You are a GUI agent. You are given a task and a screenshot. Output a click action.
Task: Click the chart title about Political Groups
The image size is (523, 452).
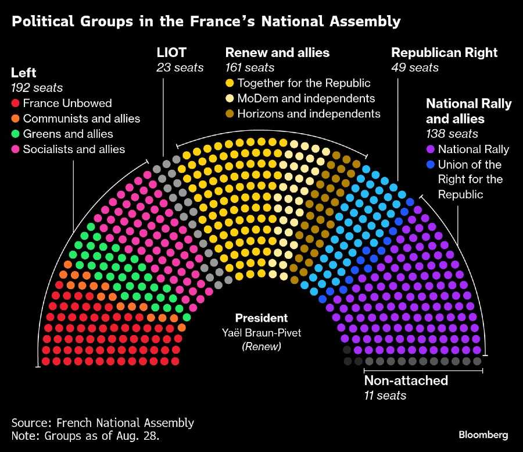(206, 22)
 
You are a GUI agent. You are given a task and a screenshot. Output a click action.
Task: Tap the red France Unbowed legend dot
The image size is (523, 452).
(16, 104)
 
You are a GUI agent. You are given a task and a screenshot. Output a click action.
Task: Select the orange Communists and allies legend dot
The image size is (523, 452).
(16, 119)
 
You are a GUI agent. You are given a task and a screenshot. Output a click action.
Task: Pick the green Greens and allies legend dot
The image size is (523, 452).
(16, 134)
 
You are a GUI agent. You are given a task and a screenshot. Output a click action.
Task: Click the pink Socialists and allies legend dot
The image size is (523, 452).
(16, 149)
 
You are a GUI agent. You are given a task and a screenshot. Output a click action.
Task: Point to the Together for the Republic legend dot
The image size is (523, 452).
(230, 83)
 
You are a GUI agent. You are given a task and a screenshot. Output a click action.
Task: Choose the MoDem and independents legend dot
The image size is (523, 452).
(230, 98)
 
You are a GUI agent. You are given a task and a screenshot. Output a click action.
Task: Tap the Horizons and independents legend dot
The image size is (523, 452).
(230, 113)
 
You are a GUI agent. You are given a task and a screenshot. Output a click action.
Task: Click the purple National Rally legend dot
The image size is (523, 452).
(431, 150)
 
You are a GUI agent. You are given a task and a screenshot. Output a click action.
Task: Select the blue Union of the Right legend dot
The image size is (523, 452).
(431, 165)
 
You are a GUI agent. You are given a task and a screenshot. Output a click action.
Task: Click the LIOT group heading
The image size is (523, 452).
(171, 52)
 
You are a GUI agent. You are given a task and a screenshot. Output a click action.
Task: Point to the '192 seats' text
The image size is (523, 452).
(37, 88)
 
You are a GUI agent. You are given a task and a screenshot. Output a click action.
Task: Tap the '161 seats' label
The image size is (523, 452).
(250, 67)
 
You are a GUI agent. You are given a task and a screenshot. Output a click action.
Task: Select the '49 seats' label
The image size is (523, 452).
(415, 67)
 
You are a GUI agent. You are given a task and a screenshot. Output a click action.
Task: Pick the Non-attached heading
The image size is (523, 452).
(406, 380)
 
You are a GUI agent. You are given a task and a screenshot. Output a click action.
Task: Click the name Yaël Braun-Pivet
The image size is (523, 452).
(261, 333)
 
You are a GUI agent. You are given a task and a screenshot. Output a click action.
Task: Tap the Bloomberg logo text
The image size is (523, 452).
(483, 435)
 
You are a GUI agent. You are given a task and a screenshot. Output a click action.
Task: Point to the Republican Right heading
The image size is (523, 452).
(444, 52)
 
